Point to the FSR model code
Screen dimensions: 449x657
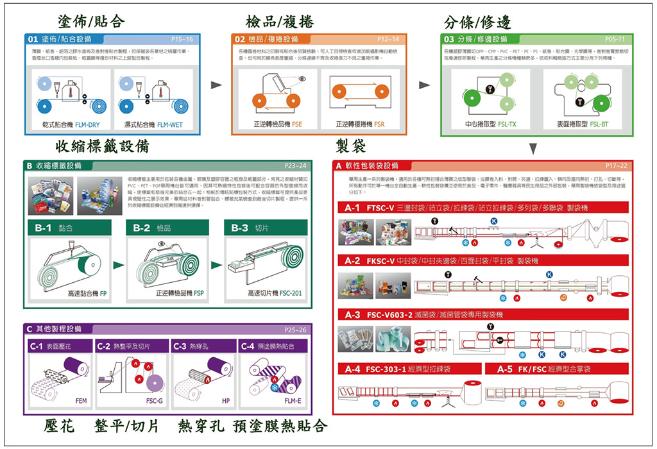tap(379, 124)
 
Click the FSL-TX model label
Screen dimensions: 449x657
tap(507, 124)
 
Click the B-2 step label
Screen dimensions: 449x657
tap(142, 227)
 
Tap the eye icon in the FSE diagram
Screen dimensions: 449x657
tap(302, 79)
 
